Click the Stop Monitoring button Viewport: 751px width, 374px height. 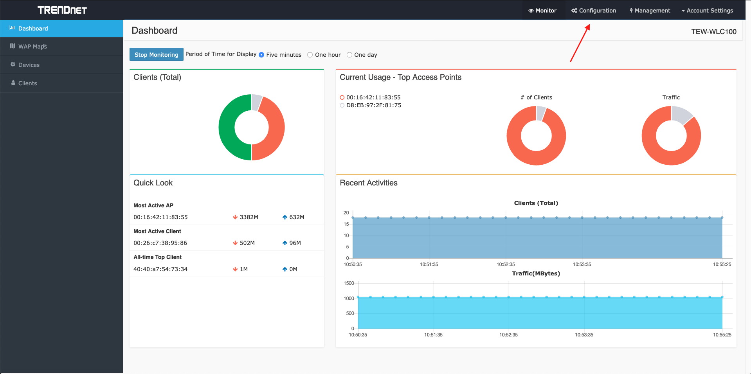(x=156, y=55)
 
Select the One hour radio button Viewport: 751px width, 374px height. (x=310, y=55)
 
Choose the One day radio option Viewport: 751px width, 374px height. (x=349, y=55)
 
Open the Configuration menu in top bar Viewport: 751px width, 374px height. (x=593, y=11)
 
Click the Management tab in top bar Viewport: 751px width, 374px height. (x=650, y=11)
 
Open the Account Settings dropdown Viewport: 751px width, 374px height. (x=707, y=11)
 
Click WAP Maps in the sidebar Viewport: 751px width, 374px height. (x=32, y=47)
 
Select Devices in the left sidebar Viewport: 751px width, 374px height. (x=29, y=65)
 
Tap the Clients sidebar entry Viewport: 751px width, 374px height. (x=27, y=83)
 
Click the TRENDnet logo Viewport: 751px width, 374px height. (x=62, y=10)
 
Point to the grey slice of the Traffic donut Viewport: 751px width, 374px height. (x=681, y=115)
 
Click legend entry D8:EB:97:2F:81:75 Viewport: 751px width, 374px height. (x=373, y=105)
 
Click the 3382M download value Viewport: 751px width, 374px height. (x=249, y=217)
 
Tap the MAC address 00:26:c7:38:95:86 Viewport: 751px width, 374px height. (x=160, y=243)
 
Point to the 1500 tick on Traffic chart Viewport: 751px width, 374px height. (x=349, y=283)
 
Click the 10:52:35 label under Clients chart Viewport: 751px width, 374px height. (x=506, y=264)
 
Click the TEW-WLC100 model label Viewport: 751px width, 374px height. (x=713, y=32)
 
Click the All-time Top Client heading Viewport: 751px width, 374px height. (x=157, y=257)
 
